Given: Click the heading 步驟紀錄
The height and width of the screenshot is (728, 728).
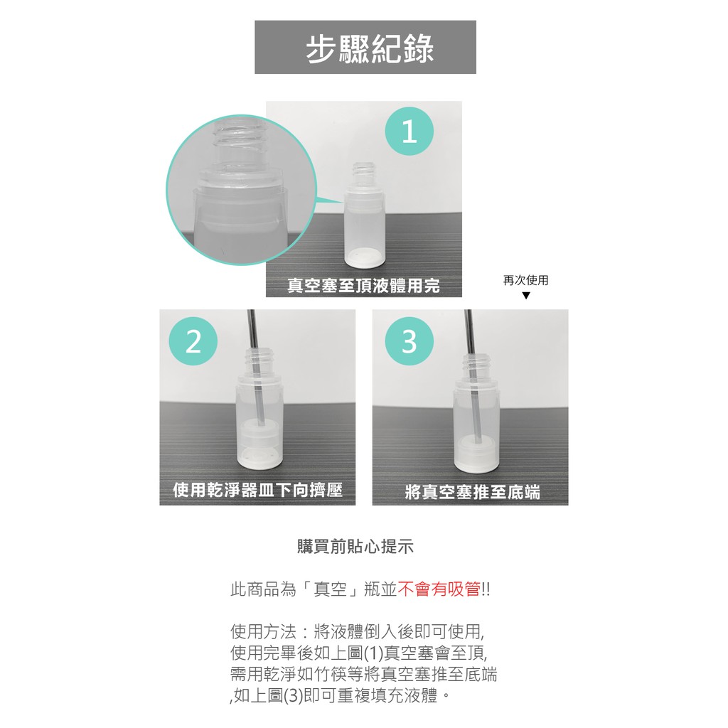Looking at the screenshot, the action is coord(370,48).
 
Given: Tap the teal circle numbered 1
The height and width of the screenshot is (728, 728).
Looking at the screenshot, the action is coord(409,132).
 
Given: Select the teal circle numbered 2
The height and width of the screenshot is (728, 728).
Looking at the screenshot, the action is coord(193,341).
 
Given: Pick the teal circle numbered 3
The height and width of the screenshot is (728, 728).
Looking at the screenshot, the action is coord(409,341).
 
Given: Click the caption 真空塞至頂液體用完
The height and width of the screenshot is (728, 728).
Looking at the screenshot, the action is coord(363,286).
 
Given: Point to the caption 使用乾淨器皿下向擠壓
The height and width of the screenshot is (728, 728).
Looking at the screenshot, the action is coord(257,490).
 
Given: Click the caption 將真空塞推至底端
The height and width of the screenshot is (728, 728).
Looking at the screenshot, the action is coord(472,492).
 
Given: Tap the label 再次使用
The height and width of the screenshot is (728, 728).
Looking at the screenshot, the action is coord(525,280).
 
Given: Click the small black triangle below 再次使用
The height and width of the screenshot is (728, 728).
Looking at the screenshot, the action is coord(526,296).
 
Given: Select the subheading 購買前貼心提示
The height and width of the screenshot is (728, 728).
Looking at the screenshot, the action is coord(355,547).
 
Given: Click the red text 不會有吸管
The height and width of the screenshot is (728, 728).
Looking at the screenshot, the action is coord(439,589).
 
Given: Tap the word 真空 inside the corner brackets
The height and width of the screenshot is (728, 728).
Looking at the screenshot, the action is coord(330,589).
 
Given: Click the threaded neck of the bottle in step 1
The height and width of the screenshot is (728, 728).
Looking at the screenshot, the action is coord(364,171).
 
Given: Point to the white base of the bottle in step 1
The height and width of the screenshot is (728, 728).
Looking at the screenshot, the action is coord(364,257).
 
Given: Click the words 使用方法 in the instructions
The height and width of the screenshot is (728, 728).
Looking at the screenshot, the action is coord(263,632).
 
